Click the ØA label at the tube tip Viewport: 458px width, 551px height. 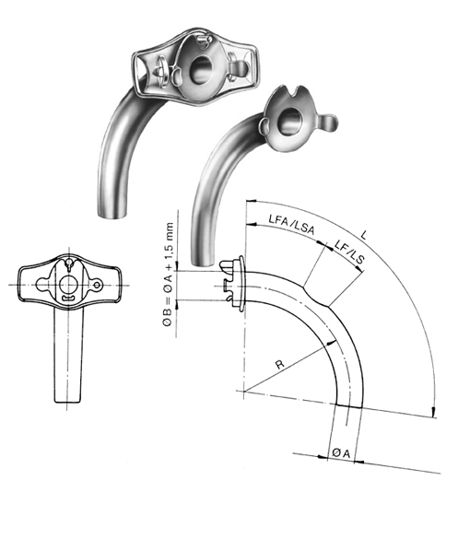[x=337, y=454]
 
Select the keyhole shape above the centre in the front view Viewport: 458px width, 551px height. [x=67, y=267]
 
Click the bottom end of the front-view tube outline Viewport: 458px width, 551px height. [x=67, y=402]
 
